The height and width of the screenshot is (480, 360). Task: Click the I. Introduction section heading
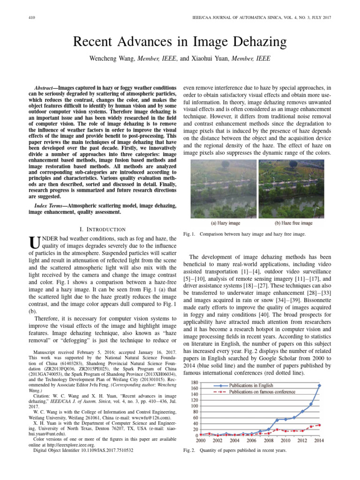coord(102,229)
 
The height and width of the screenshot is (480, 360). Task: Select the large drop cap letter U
coord(33,242)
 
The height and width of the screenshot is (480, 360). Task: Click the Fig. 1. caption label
coord(189,233)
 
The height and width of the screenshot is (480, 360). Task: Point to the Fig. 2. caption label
coord(189,451)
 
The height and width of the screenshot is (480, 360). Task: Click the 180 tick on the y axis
coord(192,382)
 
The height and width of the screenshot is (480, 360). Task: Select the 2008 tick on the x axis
coord(268,442)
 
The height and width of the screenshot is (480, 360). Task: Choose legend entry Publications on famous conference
coord(269,391)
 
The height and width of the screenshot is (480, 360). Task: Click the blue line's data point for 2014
coord(319,386)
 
